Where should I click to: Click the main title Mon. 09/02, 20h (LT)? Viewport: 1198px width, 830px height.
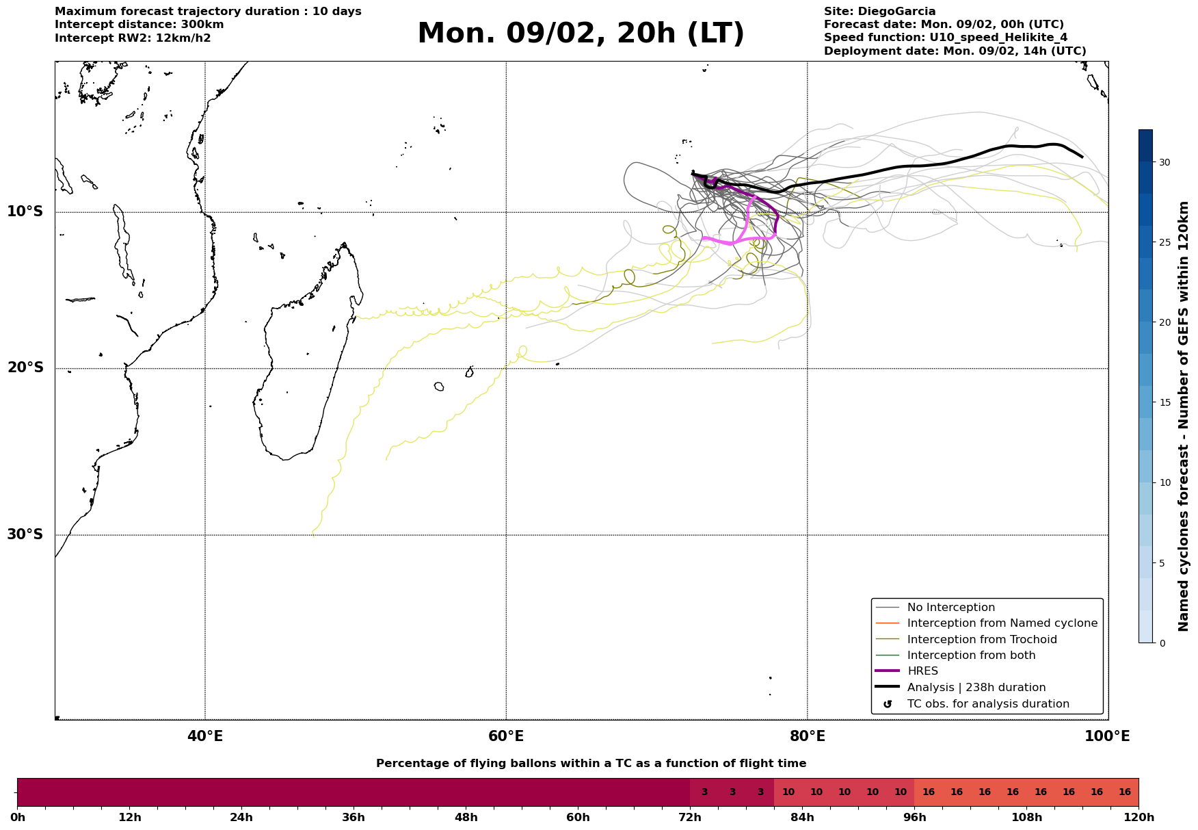point(581,34)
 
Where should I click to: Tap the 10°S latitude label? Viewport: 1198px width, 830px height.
point(25,211)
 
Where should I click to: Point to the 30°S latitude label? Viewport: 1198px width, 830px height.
point(25,534)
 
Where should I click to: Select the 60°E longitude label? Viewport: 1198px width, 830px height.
point(506,736)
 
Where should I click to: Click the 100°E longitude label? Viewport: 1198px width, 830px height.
point(1108,736)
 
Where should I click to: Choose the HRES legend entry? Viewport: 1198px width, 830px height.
point(922,671)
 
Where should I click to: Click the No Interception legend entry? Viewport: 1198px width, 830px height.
point(950,608)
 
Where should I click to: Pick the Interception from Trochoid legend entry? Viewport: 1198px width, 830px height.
point(981,640)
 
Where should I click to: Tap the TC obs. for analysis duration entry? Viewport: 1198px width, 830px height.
point(987,704)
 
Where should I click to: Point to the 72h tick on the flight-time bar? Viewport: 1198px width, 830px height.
point(690,817)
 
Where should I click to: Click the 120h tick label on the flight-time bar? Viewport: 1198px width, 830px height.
point(1139,817)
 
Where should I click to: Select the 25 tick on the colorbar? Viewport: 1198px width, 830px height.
point(1164,242)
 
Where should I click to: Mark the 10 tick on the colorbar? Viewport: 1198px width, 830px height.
point(1164,482)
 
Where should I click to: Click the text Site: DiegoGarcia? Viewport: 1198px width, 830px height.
point(879,12)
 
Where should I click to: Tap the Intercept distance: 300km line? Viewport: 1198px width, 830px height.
point(139,25)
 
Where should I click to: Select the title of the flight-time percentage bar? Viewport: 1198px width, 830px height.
point(591,764)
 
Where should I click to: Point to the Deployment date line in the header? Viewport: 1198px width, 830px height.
point(955,51)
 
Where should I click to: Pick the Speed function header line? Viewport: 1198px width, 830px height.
point(945,38)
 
